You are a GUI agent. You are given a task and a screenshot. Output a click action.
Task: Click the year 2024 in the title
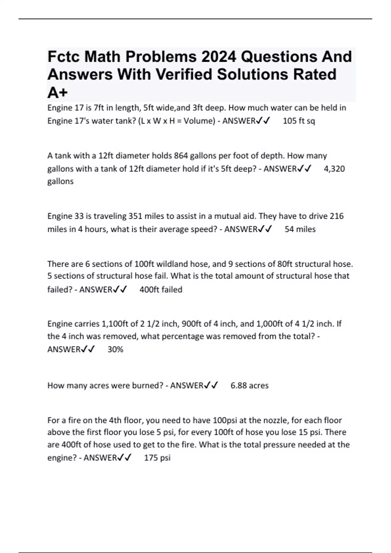(218, 57)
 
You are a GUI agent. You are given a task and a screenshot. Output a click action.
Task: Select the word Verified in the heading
(184, 74)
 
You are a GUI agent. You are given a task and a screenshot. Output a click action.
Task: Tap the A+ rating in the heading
(57, 93)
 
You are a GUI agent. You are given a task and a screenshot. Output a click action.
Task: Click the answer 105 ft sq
(299, 121)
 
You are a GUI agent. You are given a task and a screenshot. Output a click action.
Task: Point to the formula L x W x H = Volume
(177, 121)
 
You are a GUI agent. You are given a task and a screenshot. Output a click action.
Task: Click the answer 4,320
(334, 169)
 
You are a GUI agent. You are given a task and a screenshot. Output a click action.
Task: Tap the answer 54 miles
(300, 229)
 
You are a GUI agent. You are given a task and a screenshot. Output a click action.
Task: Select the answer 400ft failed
(161, 290)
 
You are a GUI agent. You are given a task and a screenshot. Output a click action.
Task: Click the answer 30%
(115, 350)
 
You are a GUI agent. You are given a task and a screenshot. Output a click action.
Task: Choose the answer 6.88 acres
(249, 385)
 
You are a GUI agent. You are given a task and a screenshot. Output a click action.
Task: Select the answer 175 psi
(157, 458)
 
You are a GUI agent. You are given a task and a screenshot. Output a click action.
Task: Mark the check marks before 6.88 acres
(211, 385)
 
